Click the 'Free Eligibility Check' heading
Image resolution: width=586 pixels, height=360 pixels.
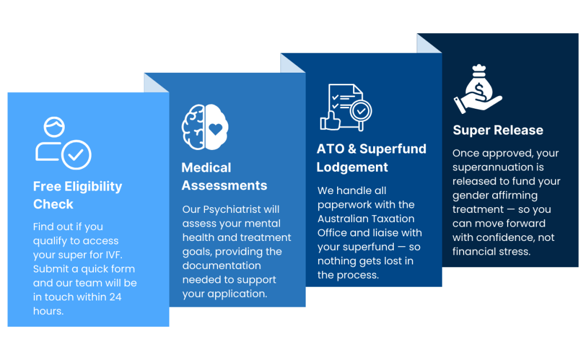tap(77, 195)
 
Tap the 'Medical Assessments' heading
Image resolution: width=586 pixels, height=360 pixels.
tap(224, 176)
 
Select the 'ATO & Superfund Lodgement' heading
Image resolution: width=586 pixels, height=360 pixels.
tap(371, 158)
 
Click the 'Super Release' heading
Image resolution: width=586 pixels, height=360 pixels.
tap(498, 130)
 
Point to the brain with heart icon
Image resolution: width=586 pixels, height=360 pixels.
tap(205, 127)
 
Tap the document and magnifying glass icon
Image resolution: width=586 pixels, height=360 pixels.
tap(346, 107)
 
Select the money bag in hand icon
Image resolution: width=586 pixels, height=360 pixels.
tap(478, 89)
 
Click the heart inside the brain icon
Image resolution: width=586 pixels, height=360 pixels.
tap(216, 129)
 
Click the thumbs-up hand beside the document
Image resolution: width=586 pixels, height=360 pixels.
tap(330, 120)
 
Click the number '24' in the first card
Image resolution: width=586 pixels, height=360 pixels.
tap(115, 297)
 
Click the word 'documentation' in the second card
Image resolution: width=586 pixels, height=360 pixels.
tap(221, 266)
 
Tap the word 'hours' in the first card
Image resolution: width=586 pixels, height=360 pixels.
tap(47, 311)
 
